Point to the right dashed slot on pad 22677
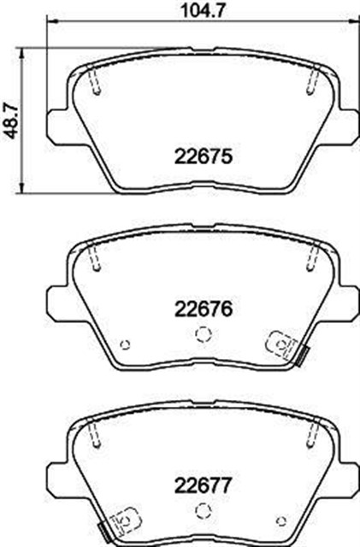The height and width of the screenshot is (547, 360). click(x=311, y=434)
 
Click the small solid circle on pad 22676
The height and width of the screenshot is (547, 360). click(x=125, y=344)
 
